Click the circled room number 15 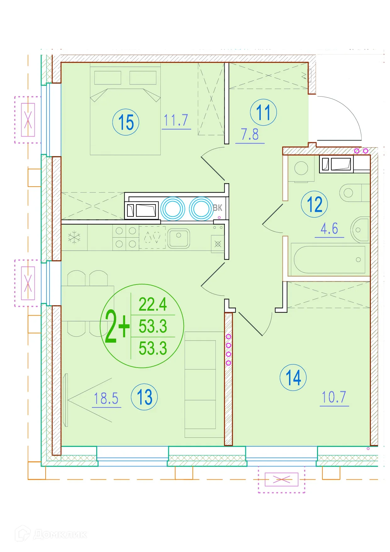(126, 122)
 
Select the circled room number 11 (264, 112)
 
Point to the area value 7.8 (250, 134)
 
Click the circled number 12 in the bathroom (315, 204)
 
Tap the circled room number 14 (293, 377)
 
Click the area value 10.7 (334, 397)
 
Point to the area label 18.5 (106, 398)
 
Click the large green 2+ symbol (117, 326)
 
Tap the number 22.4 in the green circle (153, 304)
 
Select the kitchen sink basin (179, 239)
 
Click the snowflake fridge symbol (74, 237)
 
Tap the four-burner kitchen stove (126, 237)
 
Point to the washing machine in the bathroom (301, 169)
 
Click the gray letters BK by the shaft (217, 208)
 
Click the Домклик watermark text (60, 534)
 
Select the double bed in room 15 (125, 109)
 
